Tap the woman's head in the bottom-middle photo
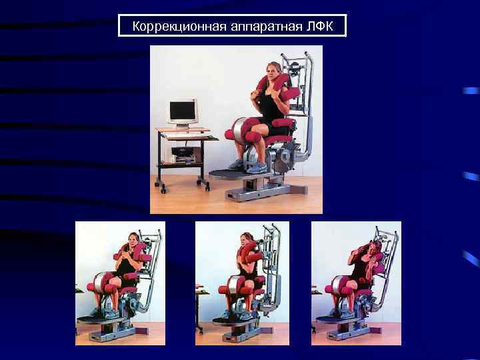pyautogui.click(x=247, y=241)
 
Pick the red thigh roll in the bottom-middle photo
pyautogui.click(x=230, y=291)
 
